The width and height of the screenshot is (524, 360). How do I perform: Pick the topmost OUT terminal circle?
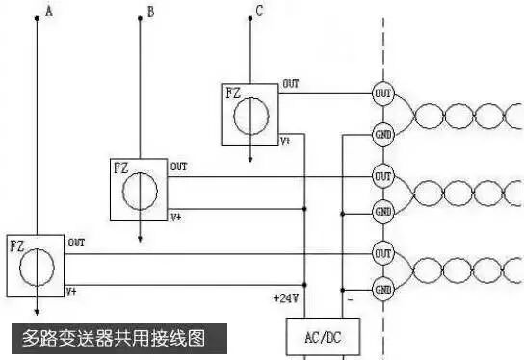coord(382,94)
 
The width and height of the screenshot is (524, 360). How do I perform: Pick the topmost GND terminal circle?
coord(382,134)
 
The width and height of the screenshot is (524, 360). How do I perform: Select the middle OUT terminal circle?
coord(382,177)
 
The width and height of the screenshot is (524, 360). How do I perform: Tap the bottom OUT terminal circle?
coord(382,253)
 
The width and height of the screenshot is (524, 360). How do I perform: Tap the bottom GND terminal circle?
coord(382,289)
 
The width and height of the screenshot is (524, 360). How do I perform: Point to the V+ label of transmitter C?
coord(286,141)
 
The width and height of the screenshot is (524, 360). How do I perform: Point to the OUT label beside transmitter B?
coord(179,167)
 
